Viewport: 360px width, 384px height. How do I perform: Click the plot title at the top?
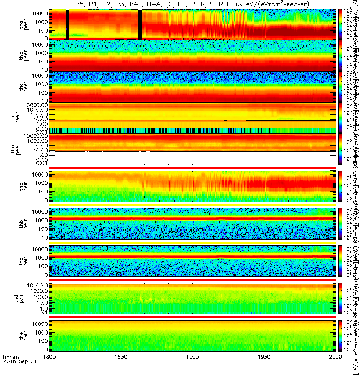pos(192,4)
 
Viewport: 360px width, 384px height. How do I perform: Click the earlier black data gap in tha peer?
pos(67,24)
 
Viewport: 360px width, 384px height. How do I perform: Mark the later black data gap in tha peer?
pos(139,24)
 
